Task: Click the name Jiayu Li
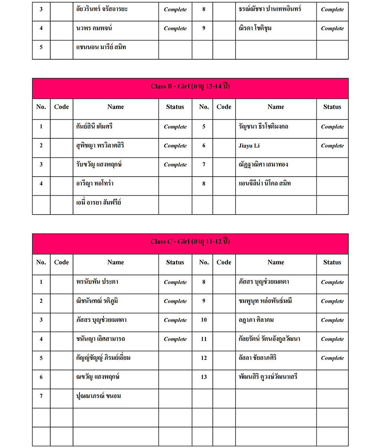[x=249, y=146]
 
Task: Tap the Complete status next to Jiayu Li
[x=332, y=146]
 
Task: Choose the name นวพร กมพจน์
[x=94, y=28]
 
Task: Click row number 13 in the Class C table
[x=204, y=377]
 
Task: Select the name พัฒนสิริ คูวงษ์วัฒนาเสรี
[x=268, y=377]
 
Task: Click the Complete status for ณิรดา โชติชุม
[x=332, y=28]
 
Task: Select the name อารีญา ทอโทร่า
[x=95, y=184]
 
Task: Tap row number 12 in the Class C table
[x=204, y=358]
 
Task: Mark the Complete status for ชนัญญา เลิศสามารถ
[x=175, y=339]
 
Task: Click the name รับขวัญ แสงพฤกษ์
[x=99, y=164]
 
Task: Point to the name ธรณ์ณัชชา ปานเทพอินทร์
[x=270, y=9]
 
